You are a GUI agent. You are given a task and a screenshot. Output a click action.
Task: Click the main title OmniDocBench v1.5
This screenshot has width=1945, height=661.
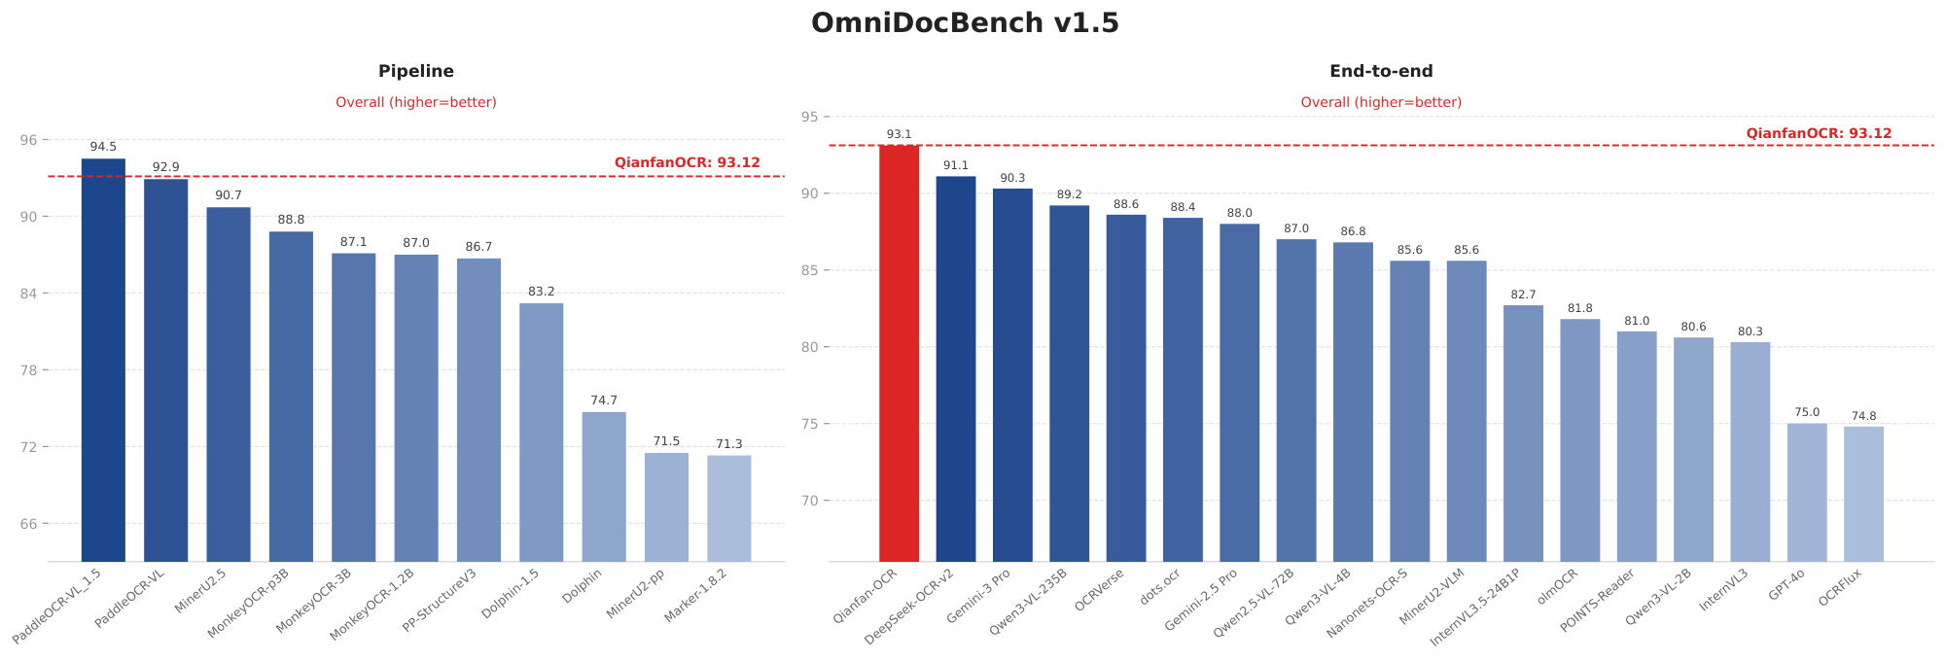pos(965,23)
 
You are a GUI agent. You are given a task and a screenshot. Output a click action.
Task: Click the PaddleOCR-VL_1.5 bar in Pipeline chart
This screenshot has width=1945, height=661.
pos(103,360)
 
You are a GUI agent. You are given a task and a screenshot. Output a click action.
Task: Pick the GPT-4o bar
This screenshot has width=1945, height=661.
pos(1807,492)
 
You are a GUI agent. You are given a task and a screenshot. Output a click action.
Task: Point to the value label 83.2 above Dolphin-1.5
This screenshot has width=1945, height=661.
pos(541,292)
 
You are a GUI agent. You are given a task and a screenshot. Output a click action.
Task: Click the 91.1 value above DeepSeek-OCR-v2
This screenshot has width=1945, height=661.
pos(956,166)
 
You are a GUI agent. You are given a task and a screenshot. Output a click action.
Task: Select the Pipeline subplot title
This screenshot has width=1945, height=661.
pos(415,71)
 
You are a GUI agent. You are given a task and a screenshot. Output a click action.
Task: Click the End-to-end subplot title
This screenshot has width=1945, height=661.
pos(1381,71)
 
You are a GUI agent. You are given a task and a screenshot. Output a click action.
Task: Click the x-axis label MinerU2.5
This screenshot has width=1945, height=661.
pos(202,593)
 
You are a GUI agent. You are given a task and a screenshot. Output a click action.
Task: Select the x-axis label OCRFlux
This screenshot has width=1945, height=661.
pos(1841,591)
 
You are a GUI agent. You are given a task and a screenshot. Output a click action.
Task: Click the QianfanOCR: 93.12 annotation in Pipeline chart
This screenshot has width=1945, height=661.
pos(687,163)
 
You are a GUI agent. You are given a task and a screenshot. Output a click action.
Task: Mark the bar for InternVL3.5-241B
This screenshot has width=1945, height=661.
pos(1523,433)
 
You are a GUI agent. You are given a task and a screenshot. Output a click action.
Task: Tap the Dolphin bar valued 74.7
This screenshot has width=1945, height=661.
pos(604,486)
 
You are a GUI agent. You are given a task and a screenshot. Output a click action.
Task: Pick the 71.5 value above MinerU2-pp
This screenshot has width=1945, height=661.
pos(666,441)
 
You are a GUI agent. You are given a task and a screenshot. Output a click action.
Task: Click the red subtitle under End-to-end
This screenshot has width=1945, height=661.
pos(1381,102)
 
